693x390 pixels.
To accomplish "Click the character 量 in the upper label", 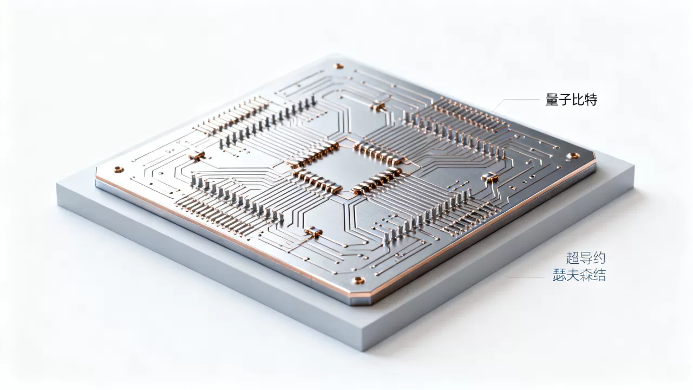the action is tap(551, 100).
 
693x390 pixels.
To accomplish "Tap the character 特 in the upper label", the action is tap(591, 100).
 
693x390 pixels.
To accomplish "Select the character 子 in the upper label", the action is tap(565, 100).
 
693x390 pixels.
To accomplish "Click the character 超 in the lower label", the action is tap(572, 258).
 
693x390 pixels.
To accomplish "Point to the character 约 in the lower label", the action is tap(599, 258).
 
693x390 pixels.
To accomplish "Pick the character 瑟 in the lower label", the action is tap(559, 275).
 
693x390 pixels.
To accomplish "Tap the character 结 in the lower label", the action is tap(599, 275).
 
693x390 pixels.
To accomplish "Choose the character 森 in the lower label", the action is tap(586, 275).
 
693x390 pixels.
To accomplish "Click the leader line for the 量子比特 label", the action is tap(515, 102).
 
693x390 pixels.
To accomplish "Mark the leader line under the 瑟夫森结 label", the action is tap(523, 276).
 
